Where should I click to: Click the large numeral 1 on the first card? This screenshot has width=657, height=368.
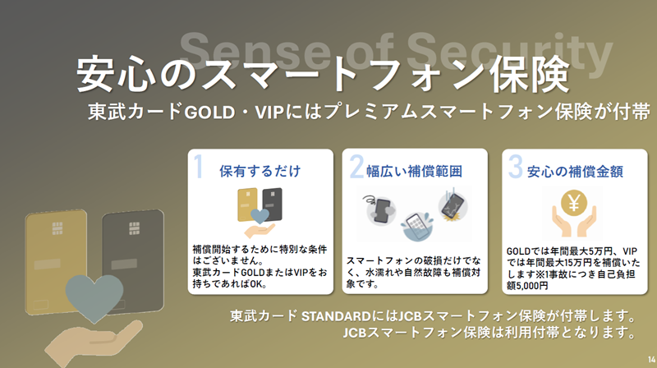point(199,167)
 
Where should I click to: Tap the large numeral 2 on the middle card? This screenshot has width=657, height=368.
point(356,167)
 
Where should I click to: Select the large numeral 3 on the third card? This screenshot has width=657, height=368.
point(516,167)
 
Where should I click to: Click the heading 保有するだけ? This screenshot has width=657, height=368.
point(260,171)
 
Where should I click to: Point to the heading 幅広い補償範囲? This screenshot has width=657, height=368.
point(414,171)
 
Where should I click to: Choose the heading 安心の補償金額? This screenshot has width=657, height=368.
point(575,172)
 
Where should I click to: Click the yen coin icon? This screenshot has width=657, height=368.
point(574,203)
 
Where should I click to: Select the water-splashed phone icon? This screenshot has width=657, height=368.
point(417,227)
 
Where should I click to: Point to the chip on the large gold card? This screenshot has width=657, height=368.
point(57,228)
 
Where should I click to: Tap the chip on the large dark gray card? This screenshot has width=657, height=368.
point(134,228)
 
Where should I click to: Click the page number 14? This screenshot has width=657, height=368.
point(651,360)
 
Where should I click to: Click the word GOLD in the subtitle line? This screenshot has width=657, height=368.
point(209,113)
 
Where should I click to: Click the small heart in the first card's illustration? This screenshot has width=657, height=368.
point(260,216)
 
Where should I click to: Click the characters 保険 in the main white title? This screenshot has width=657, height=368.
point(529,75)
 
